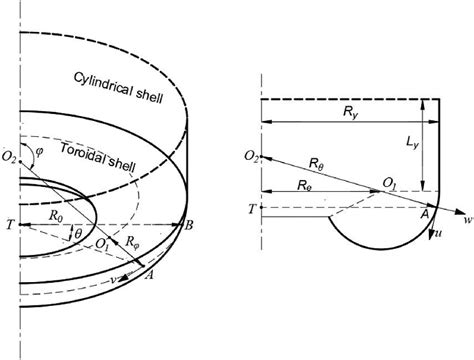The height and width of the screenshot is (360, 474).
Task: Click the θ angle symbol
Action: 78,233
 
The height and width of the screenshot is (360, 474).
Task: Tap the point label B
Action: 189,226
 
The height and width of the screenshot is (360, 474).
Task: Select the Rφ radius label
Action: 132,241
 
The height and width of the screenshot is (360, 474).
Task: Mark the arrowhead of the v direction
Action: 125,276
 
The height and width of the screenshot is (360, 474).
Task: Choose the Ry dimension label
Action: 350,112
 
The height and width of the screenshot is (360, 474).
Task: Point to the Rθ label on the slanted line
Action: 316,164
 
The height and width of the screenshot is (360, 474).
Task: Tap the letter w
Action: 469,220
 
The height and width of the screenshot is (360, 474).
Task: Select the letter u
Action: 439,234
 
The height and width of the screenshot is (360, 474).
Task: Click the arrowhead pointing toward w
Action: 460,212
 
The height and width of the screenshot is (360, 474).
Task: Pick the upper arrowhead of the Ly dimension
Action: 423,104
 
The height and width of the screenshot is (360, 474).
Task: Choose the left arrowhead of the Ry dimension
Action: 267,122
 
